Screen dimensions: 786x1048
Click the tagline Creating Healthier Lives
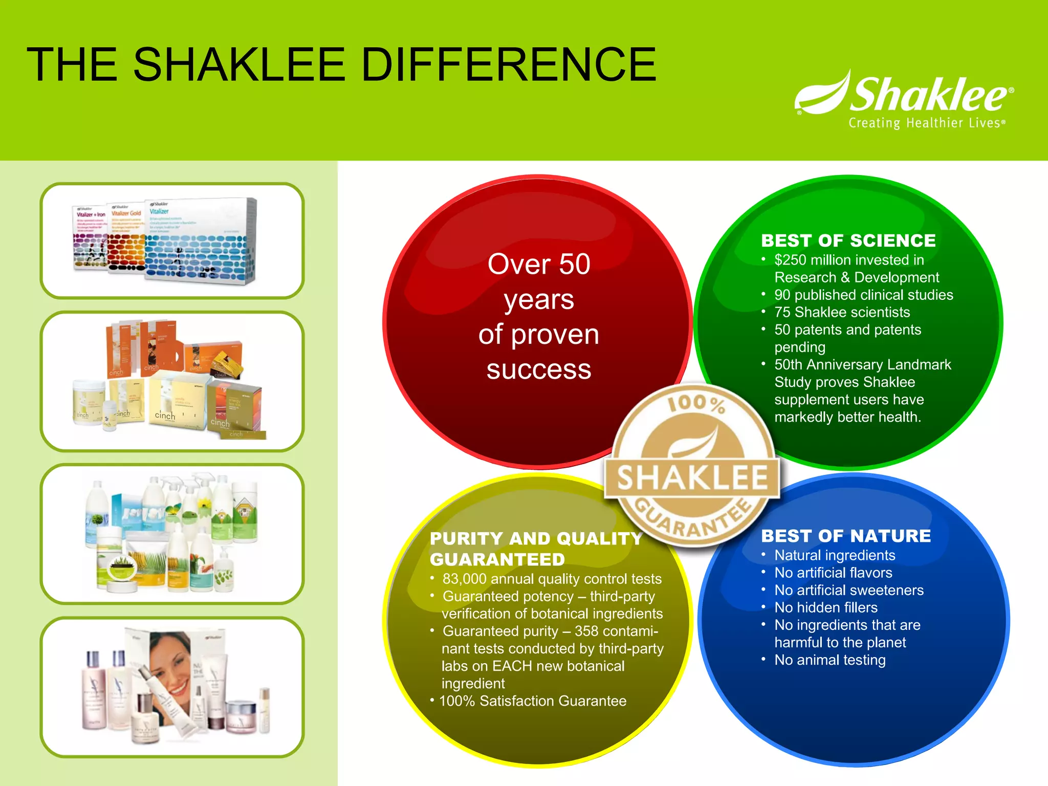click(926, 123)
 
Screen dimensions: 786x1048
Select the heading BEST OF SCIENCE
click(848, 241)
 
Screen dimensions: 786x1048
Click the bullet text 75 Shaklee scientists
click(842, 312)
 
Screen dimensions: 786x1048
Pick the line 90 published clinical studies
click(863, 295)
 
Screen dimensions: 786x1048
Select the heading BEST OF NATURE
click(845, 536)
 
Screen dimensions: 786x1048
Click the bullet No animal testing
click(829, 660)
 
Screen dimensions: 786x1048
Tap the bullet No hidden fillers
click(825, 607)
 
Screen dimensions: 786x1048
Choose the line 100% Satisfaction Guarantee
click(532, 701)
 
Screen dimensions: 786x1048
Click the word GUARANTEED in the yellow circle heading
click(497, 560)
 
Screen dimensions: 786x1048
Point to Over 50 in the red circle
click(539, 264)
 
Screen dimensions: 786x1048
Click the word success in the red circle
click(538, 369)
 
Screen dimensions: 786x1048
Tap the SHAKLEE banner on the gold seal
click(692, 478)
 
